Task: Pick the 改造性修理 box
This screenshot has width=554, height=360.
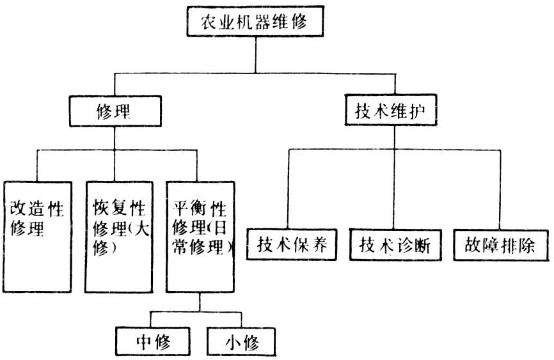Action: [x=36, y=237]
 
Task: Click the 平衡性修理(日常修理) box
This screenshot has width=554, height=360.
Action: [x=200, y=237]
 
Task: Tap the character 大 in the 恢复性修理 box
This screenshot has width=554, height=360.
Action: [x=143, y=228]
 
